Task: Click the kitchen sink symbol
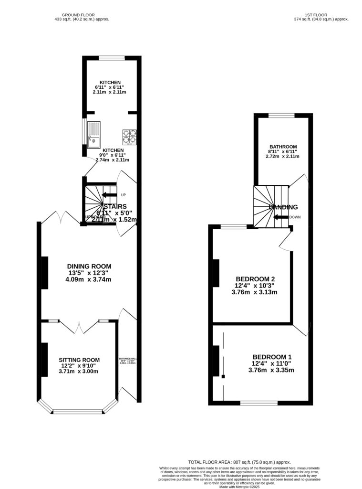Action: pos(94,133)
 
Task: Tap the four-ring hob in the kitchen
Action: pos(129,137)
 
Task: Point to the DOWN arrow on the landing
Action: pos(281,217)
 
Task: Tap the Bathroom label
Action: pos(283,151)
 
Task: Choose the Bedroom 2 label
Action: pos(255,286)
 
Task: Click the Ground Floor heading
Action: pos(82,17)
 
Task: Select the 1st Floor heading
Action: pos(321,17)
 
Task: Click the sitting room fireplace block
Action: pos(44,360)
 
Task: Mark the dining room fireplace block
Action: pos(44,273)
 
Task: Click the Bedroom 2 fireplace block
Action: pos(216,273)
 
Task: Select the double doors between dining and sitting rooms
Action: pos(79,326)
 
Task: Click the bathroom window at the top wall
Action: pos(281,115)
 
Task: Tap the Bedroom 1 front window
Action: pos(259,404)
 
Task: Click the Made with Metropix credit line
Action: pos(239,486)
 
